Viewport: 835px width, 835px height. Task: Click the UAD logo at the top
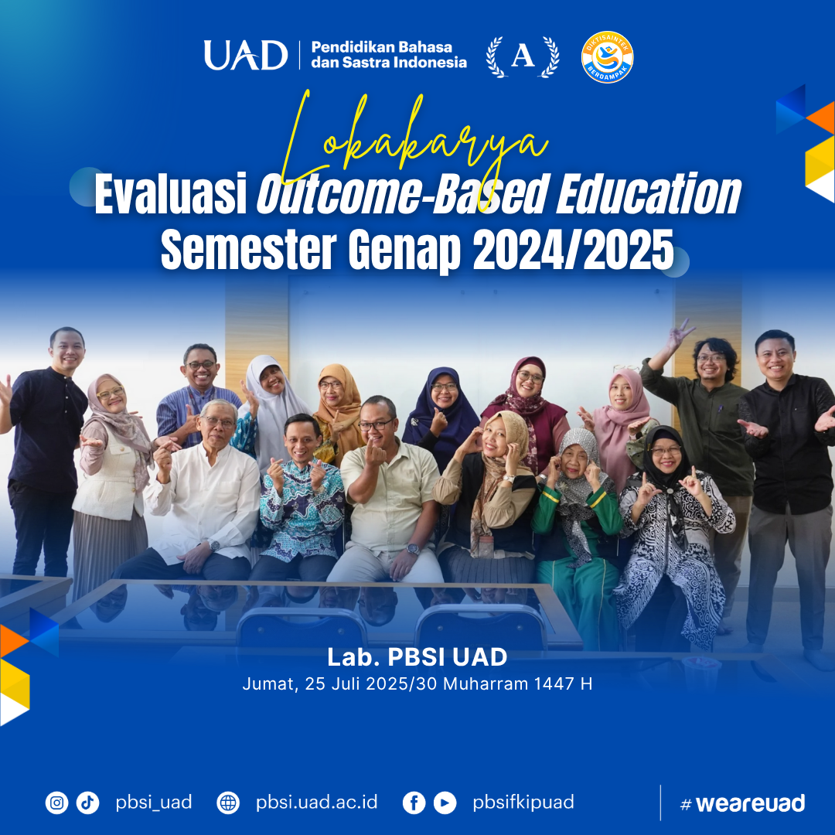click(246, 55)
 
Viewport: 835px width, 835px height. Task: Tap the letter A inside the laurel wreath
click(523, 56)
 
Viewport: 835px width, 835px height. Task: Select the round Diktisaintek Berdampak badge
click(607, 57)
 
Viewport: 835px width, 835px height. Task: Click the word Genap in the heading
click(404, 250)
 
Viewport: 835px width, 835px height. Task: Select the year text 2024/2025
click(573, 249)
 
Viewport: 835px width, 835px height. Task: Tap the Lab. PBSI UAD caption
click(417, 657)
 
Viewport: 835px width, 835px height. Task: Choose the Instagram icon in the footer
click(57, 803)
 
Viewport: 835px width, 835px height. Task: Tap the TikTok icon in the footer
click(88, 803)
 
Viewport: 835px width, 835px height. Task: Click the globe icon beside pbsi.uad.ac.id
click(228, 803)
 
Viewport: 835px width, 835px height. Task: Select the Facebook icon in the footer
click(414, 803)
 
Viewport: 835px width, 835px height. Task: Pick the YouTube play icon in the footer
click(445, 803)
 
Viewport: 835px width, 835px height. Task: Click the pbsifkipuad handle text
click(523, 803)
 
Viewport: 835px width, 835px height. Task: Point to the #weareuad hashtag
click(743, 803)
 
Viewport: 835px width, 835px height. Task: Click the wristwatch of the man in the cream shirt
click(413, 549)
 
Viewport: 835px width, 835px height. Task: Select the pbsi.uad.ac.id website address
click(316, 802)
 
